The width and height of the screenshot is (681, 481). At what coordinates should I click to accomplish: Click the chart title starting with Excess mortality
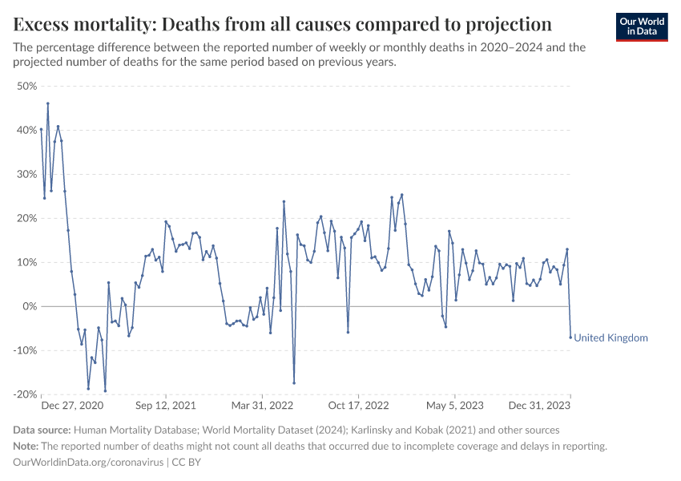[283, 22]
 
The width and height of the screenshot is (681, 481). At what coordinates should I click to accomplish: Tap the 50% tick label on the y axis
[26, 86]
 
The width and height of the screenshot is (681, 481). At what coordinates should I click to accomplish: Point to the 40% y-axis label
[26, 130]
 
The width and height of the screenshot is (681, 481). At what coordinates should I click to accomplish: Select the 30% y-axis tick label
[26, 174]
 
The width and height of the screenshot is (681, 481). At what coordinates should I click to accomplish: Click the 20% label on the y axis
[26, 218]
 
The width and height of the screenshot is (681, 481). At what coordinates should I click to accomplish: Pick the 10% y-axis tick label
[26, 262]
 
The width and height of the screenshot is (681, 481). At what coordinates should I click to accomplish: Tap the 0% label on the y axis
[30, 306]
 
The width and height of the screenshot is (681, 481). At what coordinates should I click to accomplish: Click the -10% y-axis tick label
[25, 350]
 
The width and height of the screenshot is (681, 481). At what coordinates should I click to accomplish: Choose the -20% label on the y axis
[25, 394]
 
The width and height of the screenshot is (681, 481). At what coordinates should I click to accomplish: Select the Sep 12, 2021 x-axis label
[166, 406]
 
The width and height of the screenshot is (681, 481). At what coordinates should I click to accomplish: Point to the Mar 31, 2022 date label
[262, 406]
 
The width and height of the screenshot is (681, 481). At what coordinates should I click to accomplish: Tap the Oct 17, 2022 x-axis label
[358, 406]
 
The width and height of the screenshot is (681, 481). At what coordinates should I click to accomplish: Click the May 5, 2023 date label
[454, 406]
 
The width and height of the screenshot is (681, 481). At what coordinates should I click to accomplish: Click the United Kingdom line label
[610, 338]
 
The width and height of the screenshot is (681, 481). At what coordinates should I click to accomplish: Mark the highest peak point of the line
[48, 103]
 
